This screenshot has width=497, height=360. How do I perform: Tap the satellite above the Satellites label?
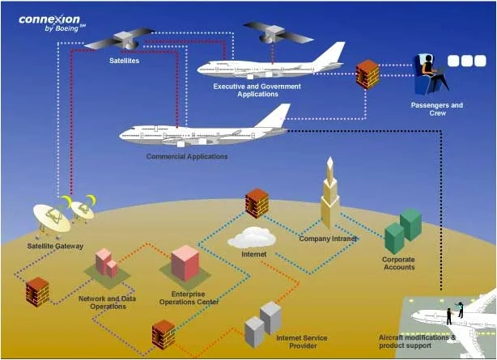click(119, 40)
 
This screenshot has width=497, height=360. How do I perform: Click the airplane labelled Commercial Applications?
click(202, 131)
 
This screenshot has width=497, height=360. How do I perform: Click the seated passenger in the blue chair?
click(430, 71)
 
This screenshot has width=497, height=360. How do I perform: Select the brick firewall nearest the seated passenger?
click(367, 74)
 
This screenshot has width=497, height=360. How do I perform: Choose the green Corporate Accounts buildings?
click(402, 230)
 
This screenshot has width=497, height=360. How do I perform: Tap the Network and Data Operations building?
click(106, 263)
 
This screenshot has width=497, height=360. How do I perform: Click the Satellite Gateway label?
click(55, 245)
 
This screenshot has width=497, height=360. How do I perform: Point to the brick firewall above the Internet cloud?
click(257, 203)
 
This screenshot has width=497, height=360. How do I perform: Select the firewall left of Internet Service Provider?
click(164, 333)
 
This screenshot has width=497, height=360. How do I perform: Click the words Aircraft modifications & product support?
click(418, 340)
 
